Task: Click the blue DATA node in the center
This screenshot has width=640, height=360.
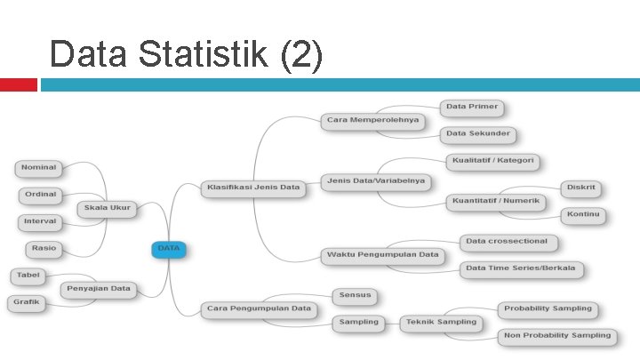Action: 169,250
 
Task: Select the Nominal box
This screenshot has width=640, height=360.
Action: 38,167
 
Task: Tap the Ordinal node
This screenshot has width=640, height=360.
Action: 40,195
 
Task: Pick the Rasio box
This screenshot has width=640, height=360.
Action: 43,249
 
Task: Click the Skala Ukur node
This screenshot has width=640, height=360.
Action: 107,209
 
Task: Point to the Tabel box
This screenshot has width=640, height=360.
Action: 28,276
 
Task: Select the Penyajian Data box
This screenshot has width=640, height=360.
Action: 100,289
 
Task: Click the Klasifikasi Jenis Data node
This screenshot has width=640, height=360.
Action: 253,188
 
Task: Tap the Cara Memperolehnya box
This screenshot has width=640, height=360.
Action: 372,120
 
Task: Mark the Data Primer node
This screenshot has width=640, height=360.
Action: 472,108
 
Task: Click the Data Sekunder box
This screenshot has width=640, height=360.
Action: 478,134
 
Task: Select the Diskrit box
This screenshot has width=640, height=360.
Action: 584,188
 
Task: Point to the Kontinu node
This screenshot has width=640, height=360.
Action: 583,215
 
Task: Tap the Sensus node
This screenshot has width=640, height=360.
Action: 356,295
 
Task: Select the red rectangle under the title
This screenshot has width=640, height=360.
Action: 18,84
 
